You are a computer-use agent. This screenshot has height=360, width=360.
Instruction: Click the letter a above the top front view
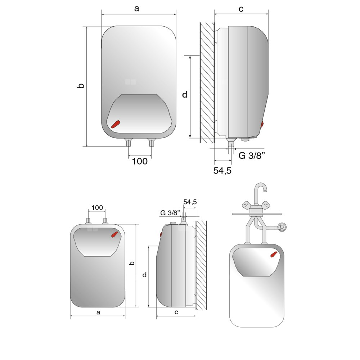pos(137,9)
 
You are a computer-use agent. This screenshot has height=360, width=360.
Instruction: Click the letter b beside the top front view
pos(81,85)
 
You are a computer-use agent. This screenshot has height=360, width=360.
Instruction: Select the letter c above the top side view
pos(241,9)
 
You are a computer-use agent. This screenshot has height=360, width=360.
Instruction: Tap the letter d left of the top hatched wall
pos(185,94)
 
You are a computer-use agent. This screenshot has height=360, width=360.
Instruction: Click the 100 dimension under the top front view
pos(140,161)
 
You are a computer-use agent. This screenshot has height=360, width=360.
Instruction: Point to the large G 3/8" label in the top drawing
pos(252,156)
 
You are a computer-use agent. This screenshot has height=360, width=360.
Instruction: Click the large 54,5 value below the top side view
pos(222,171)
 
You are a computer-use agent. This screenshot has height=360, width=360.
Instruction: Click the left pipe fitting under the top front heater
pos(129,143)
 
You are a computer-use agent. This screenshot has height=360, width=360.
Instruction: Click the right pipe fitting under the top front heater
pos(151,143)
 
